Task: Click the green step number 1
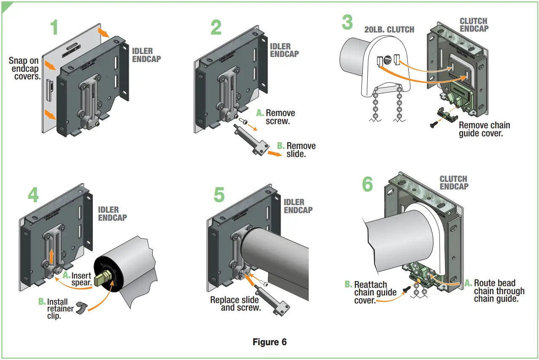[x=54, y=27]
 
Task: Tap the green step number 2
[x=216, y=27]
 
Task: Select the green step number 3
[x=347, y=22]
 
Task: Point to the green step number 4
[x=33, y=195]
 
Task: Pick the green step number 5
[x=218, y=195]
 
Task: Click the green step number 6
[x=367, y=184]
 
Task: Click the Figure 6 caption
[x=269, y=342]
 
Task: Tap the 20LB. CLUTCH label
[x=389, y=30]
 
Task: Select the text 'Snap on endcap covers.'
[x=24, y=68]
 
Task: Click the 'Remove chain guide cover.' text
[x=484, y=129]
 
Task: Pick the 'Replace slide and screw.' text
[x=235, y=304]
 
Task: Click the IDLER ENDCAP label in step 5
[x=298, y=206]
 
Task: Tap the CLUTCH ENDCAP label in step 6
[x=453, y=182]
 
